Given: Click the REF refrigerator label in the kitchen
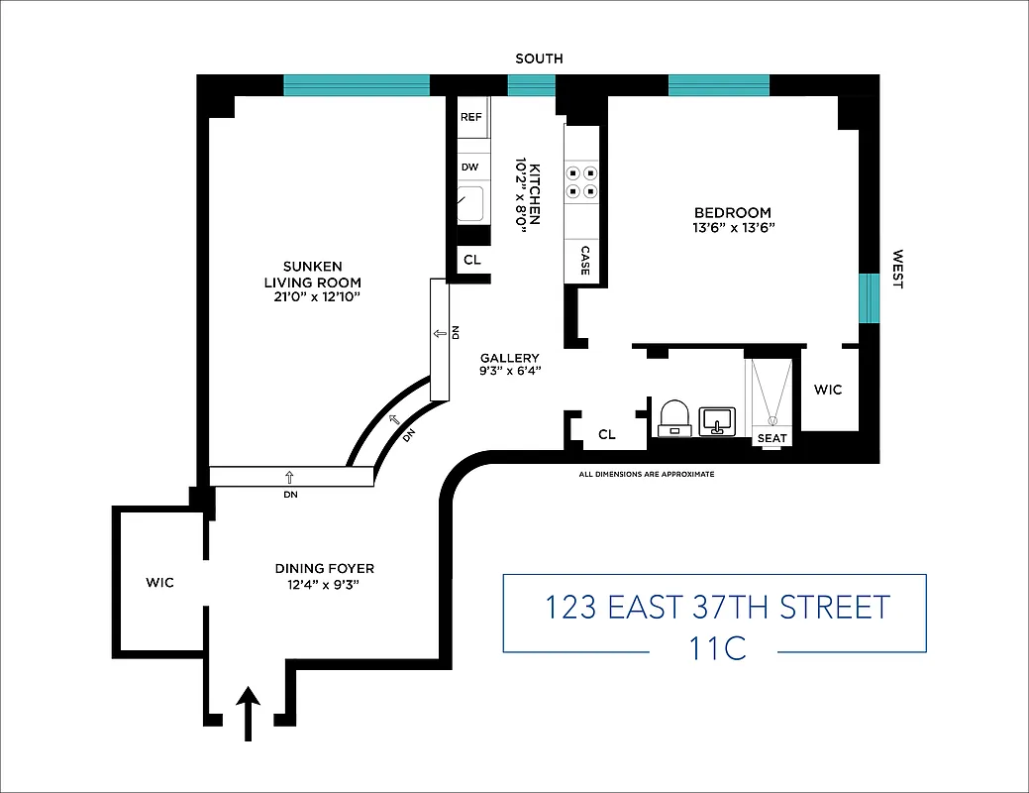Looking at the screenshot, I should click(470, 117).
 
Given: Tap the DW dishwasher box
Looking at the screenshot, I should click(469, 168).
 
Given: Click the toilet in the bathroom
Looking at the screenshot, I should click(673, 417).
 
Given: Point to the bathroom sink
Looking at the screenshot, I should click(715, 420).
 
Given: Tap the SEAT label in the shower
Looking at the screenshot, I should click(771, 437).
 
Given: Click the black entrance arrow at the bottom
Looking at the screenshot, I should click(247, 715).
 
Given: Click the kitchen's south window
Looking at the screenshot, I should click(531, 86).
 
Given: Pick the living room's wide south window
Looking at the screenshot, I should click(357, 86).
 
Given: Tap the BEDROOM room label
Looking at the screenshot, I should click(732, 212).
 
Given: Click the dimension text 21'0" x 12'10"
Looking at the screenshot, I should click(313, 296).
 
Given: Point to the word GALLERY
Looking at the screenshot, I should click(509, 358).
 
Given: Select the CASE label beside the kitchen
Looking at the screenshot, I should click(585, 260).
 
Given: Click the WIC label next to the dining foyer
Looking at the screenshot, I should click(159, 582).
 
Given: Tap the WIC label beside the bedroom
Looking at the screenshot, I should click(828, 390).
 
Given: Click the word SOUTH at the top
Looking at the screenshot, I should click(539, 58).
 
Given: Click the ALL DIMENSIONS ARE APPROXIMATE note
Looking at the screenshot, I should click(646, 475).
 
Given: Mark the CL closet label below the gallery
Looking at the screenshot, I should click(607, 434).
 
